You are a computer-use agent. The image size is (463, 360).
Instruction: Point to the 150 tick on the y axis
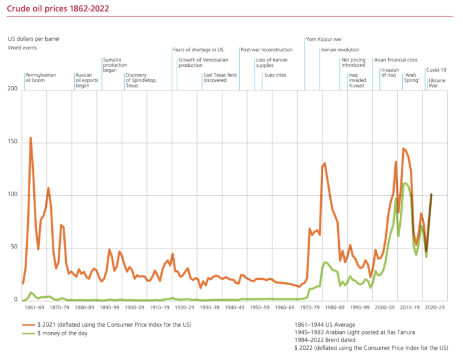(x=13, y=142)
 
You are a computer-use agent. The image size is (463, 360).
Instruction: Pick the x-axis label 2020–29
(x=433, y=308)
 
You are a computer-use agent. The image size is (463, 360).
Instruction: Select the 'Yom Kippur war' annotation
(x=326, y=39)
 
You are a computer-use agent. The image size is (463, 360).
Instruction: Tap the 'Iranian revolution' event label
(x=340, y=50)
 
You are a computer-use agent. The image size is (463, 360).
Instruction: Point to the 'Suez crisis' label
(x=275, y=75)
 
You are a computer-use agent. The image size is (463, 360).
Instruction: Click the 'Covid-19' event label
(x=436, y=70)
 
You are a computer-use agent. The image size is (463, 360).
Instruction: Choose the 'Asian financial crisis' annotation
(x=395, y=60)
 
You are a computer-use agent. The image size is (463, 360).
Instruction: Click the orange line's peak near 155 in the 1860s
(x=30, y=138)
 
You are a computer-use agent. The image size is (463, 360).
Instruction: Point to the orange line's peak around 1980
(x=325, y=163)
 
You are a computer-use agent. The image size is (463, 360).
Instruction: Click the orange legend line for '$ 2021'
(x=28, y=325)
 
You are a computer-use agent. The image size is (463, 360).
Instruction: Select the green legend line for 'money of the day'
(x=28, y=333)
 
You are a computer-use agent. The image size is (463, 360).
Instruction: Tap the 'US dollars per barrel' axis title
(x=33, y=39)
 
